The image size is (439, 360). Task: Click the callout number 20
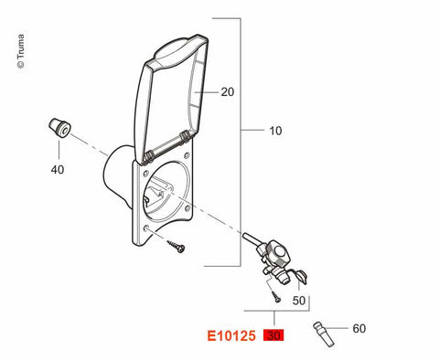pos(228,91)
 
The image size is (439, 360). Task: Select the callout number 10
pos(275,131)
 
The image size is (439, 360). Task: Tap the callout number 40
pos(58,170)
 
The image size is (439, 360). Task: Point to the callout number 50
pos(299,301)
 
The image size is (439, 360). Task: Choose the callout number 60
pos(359,329)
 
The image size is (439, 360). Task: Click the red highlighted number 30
pos(273,335)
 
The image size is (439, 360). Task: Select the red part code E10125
pos(231,336)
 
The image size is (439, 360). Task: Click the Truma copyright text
pos(21,51)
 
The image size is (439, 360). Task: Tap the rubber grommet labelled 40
pos(59,128)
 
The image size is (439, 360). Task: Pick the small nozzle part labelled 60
pos(324,334)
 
